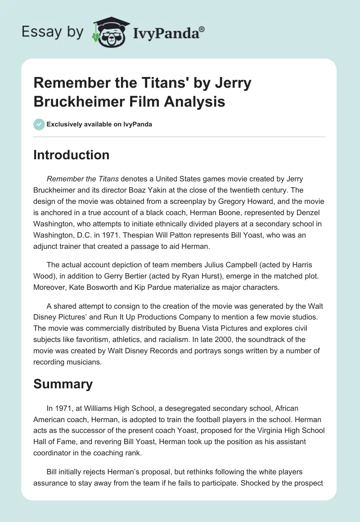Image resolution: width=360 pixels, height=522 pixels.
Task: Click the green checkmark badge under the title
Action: click(39, 124)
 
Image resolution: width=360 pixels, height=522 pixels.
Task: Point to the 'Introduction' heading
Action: click(72, 155)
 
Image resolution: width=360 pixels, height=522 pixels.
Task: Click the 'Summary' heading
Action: click(63, 384)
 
